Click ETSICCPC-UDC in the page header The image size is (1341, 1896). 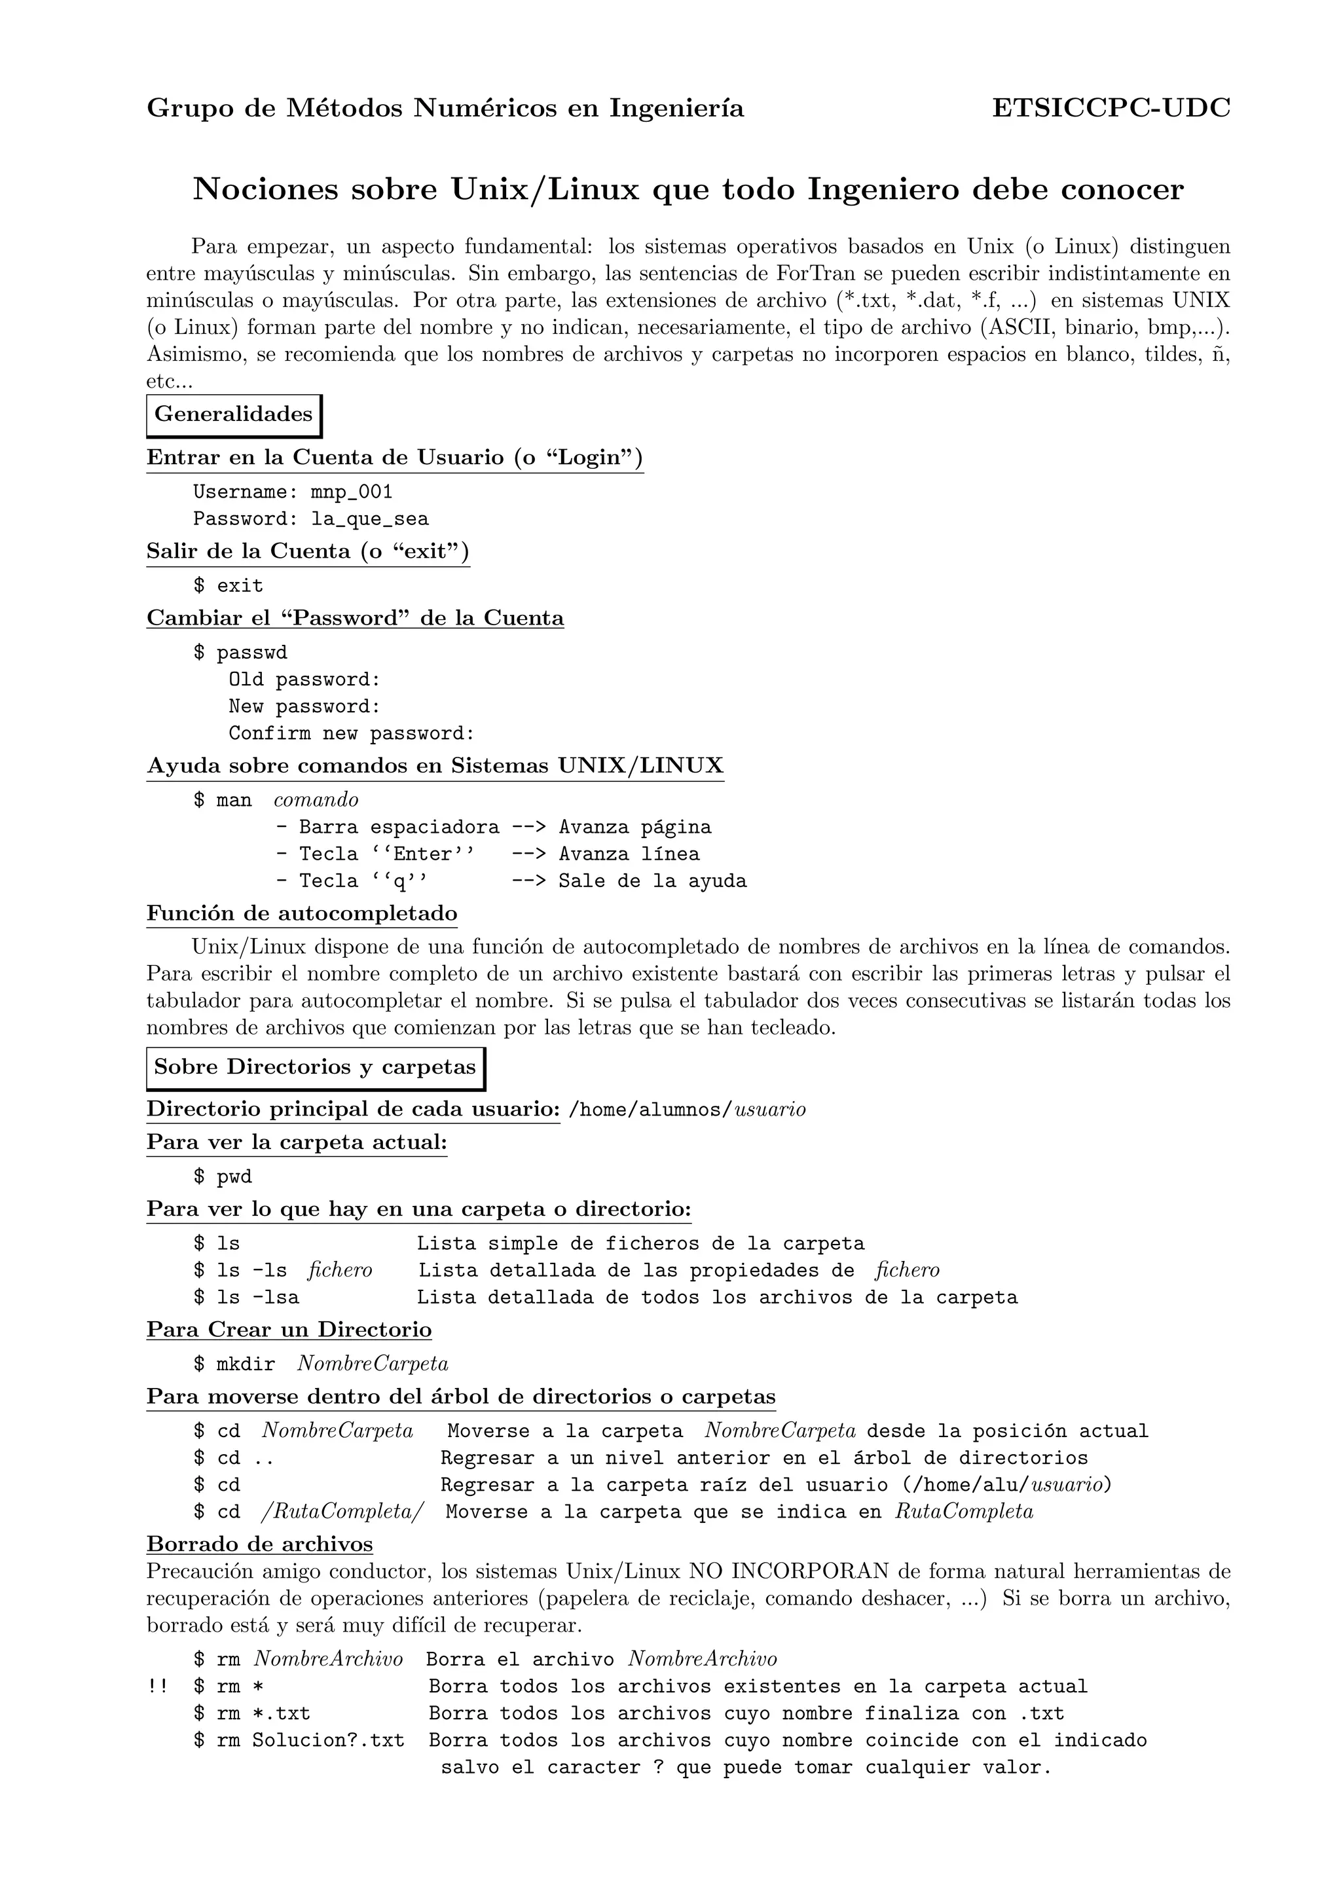tap(1111, 108)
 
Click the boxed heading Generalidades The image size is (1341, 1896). tap(234, 414)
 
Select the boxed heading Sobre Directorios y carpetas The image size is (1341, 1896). tap(314, 1068)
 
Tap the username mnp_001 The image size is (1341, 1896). tap(351, 492)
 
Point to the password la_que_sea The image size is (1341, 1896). tap(369, 519)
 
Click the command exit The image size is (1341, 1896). tap(240, 587)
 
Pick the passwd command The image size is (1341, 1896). tap(252, 653)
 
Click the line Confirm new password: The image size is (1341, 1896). tap(352, 733)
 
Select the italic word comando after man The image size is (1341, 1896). tap(316, 800)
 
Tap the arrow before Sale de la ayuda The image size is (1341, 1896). tap(528, 881)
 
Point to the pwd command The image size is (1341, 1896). tap(234, 1178)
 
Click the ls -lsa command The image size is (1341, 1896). tap(257, 1298)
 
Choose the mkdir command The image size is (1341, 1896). tap(246, 1364)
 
